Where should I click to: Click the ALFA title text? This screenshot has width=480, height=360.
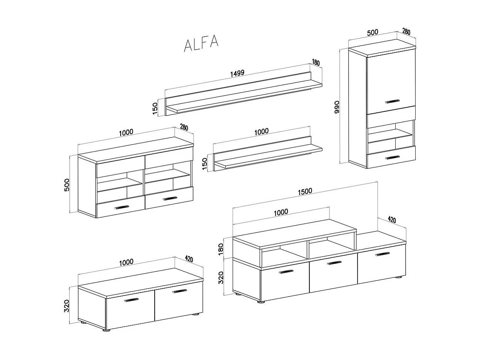(x=201, y=44)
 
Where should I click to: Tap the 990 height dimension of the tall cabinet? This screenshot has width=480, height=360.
(x=336, y=107)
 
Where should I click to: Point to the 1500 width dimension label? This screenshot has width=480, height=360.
(x=305, y=191)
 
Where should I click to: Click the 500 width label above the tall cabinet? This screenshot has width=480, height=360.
(x=372, y=32)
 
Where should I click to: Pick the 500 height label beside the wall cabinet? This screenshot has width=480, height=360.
(x=67, y=184)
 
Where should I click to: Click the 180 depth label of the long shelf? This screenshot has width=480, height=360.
(x=316, y=63)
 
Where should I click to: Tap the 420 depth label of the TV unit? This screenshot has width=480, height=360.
(x=392, y=220)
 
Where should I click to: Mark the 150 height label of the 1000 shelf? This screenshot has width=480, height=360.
(x=205, y=164)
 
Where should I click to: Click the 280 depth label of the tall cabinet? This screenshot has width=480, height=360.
(x=406, y=31)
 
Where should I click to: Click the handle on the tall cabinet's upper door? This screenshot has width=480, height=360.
(x=392, y=101)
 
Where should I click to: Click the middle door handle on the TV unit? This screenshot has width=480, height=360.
(x=334, y=263)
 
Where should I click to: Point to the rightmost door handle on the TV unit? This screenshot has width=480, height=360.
(x=382, y=254)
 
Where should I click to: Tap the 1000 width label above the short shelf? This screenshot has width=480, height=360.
(x=262, y=131)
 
